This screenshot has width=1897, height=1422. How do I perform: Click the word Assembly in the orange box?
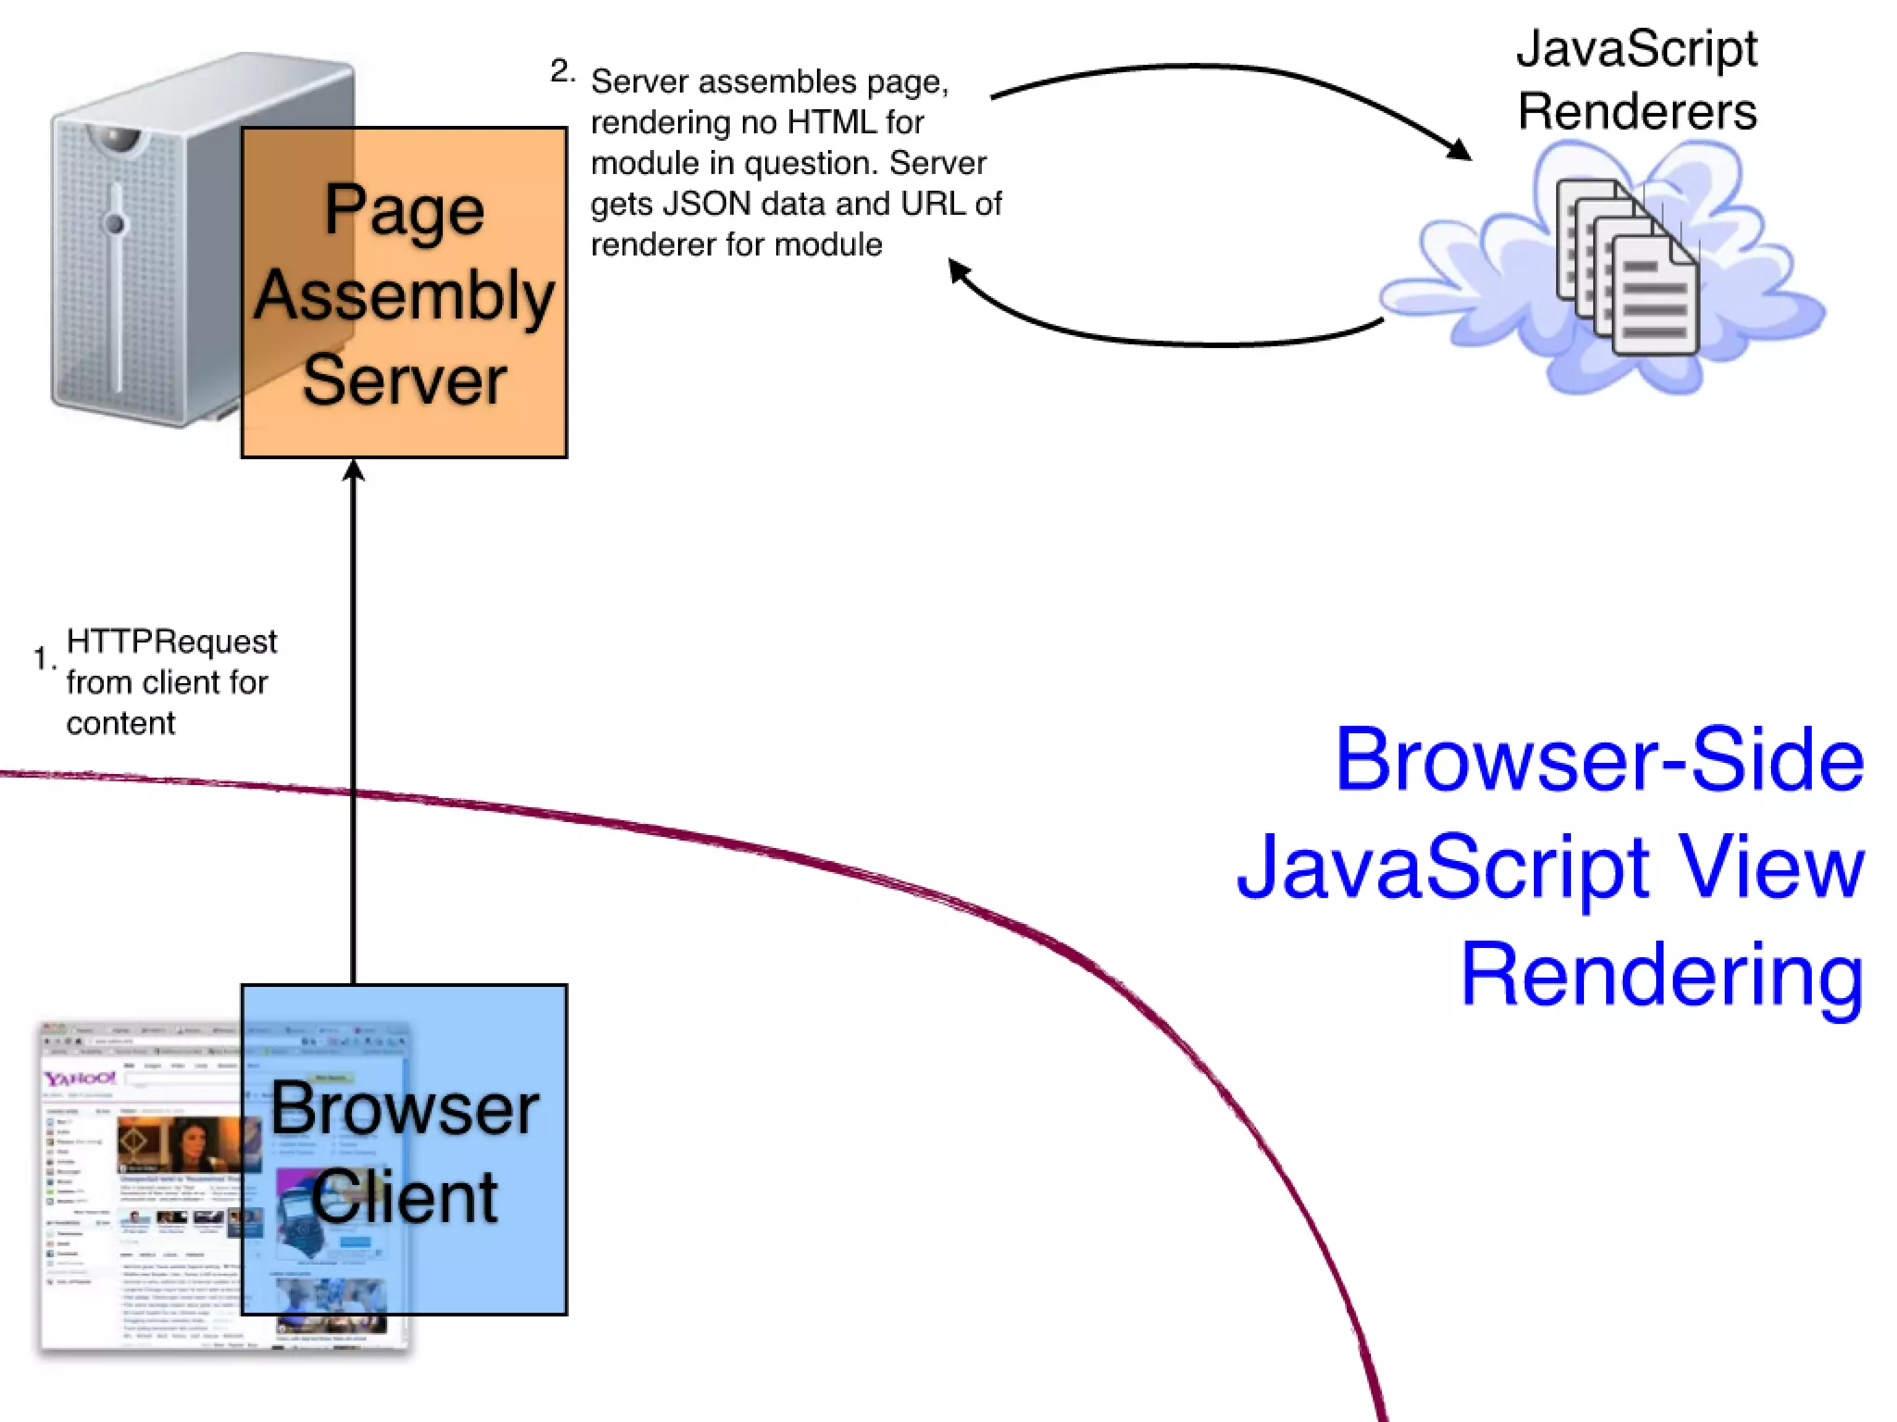pyautogui.click(x=404, y=295)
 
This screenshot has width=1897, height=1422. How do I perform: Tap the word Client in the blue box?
pyautogui.click(x=404, y=1197)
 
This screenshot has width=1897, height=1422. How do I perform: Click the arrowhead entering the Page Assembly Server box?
pyautogui.click(x=353, y=471)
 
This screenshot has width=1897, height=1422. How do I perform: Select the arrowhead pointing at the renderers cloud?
pyautogui.click(x=1459, y=149)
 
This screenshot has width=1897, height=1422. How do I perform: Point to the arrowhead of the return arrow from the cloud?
pyautogui.click(x=960, y=271)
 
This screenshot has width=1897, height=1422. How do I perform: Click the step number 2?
pyautogui.click(x=561, y=71)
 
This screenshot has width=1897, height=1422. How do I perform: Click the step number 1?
pyautogui.click(x=42, y=658)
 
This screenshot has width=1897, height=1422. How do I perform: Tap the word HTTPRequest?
pyautogui.click(x=171, y=642)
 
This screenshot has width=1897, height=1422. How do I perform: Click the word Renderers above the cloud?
pyautogui.click(x=1637, y=112)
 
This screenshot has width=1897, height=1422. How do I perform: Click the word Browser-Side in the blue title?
pyautogui.click(x=1599, y=760)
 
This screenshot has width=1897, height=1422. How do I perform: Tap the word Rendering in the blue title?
pyautogui.click(x=1662, y=975)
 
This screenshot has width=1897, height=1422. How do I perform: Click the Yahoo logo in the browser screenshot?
pyautogui.click(x=80, y=1079)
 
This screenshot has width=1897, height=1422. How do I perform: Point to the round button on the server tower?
pyautogui.click(x=115, y=223)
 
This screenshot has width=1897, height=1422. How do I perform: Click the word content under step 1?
pyautogui.click(x=120, y=723)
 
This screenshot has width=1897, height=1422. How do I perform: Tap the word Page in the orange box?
pyautogui.click(x=404, y=210)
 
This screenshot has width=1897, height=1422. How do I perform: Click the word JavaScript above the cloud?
pyautogui.click(x=1637, y=49)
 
